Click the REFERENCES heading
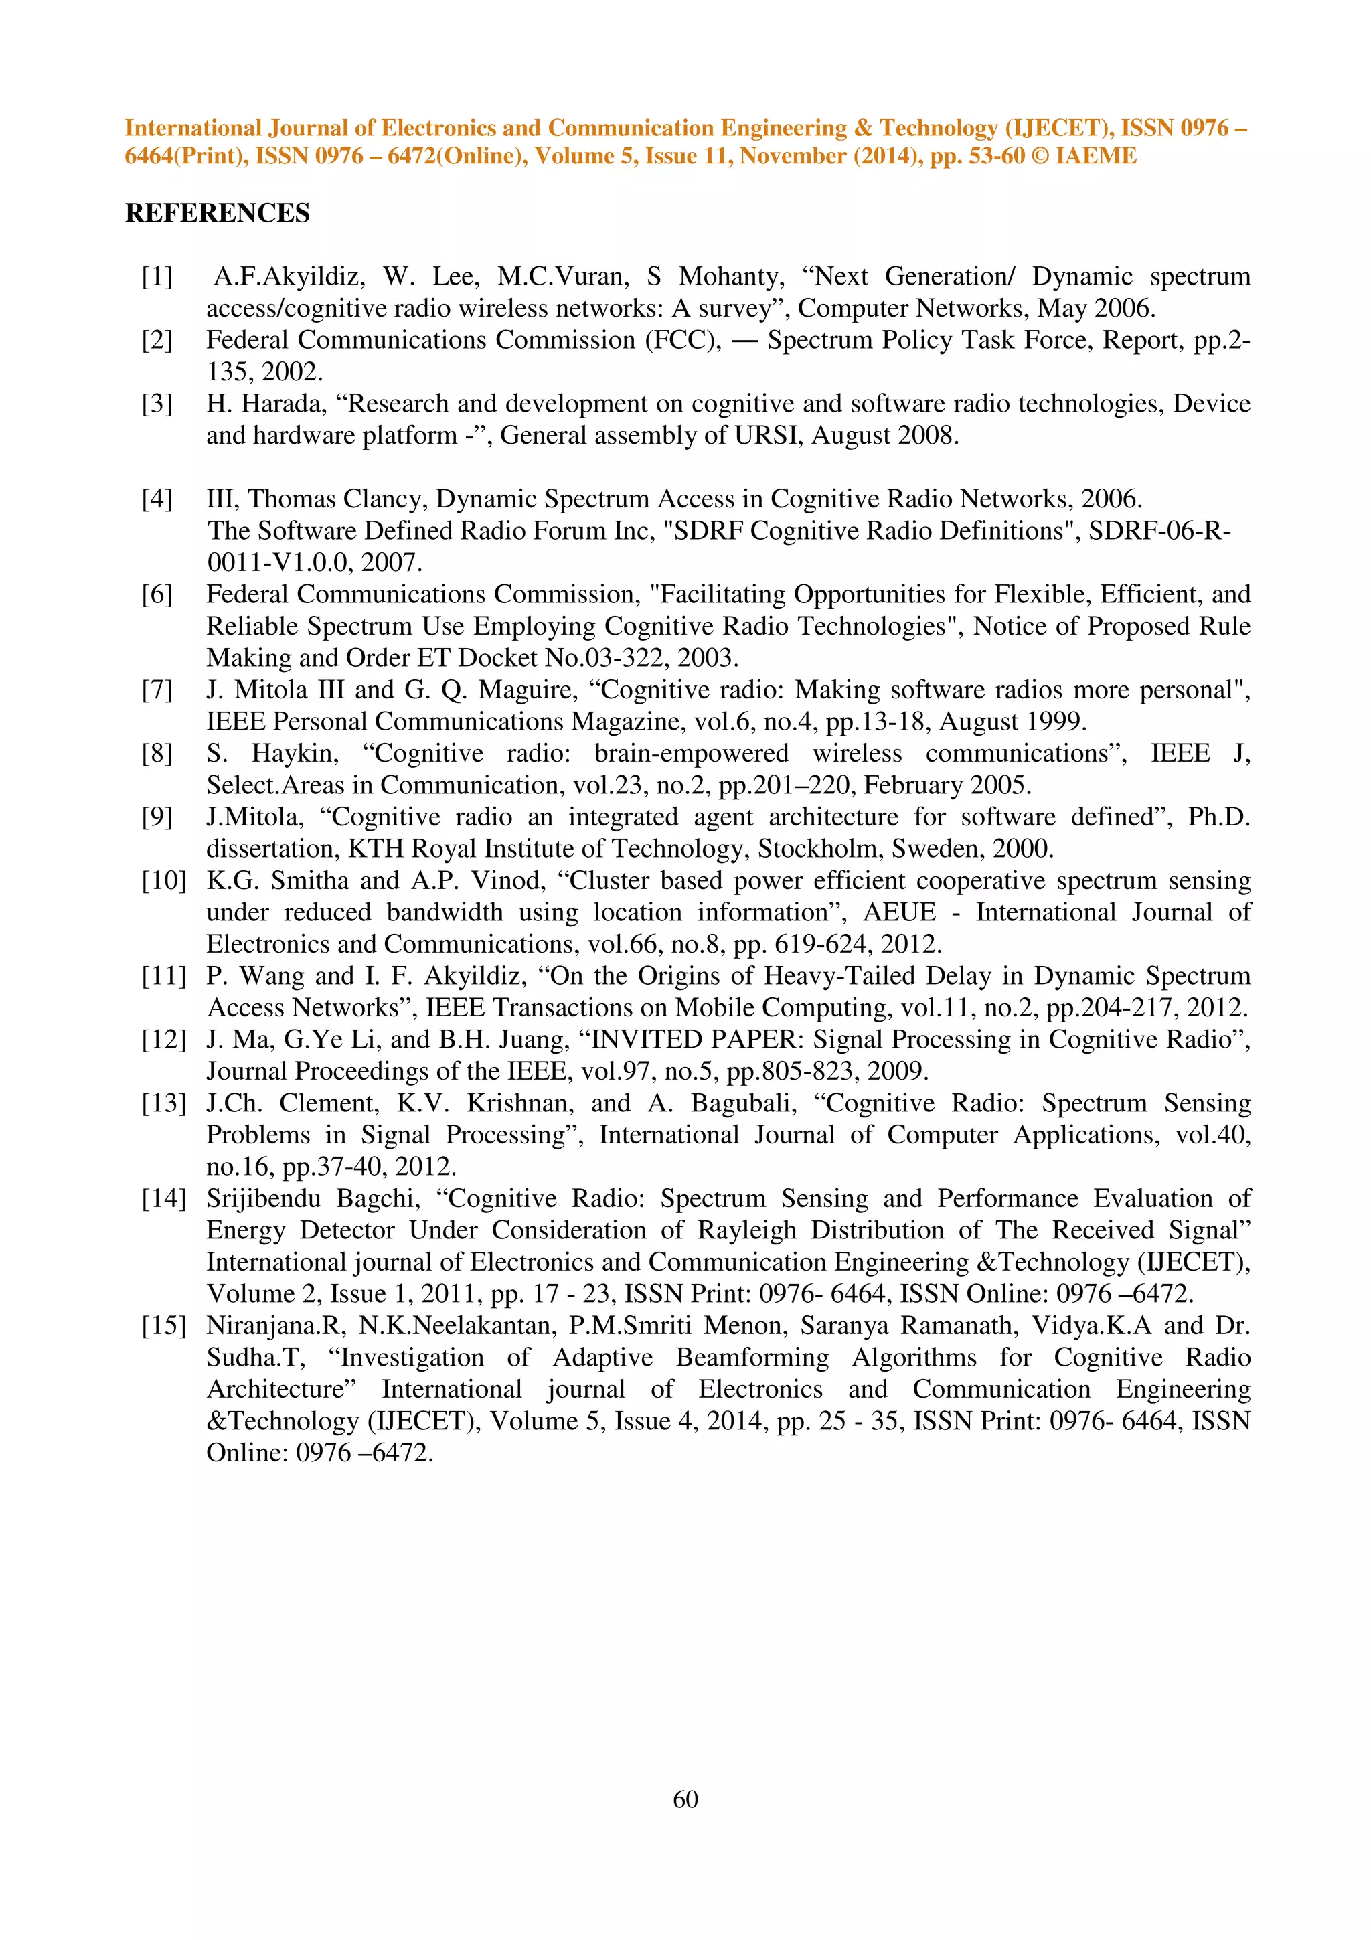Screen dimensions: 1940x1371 [217, 213]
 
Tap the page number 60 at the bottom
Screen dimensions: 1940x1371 [685, 1799]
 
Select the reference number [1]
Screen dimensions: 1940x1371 [157, 276]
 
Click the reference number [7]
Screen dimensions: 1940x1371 [157, 690]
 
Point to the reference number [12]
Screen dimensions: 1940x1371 [163, 1039]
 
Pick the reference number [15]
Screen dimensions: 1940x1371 [163, 1325]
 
